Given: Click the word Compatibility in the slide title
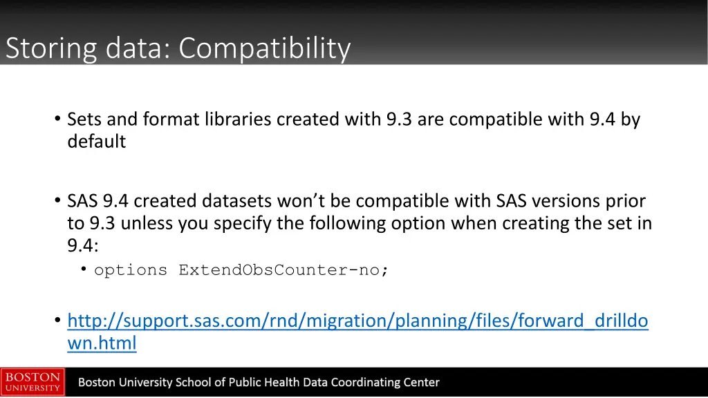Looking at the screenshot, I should coord(264,48).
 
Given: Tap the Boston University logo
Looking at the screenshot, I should coord(32,382).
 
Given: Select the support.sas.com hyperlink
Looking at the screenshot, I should coord(357,321).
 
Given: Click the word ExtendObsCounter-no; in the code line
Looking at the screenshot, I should coord(283,270).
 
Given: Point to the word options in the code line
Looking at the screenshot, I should coord(131,270).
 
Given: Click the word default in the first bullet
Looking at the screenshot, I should coord(96,142).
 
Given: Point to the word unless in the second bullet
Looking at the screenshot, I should coord(149,223).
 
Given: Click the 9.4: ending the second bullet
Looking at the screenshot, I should coord(83,245).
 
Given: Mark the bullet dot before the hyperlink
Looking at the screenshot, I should coord(57,321).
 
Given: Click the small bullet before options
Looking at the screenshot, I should coord(84,269).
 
